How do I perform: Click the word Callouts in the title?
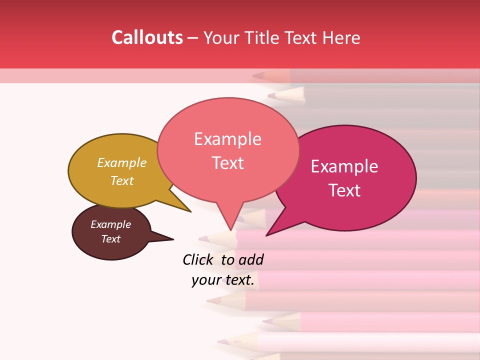pos(147,37)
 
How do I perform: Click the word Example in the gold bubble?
pos(122,163)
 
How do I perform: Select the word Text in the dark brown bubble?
pos(111,239)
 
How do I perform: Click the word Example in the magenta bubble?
pos(344,166)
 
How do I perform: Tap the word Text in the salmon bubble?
pos(228,163)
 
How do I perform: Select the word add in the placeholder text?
pos(250,259)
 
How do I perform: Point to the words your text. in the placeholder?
pos(223,280)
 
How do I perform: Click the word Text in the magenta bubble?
pos(345,190)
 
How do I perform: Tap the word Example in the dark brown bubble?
pos(111,224)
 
